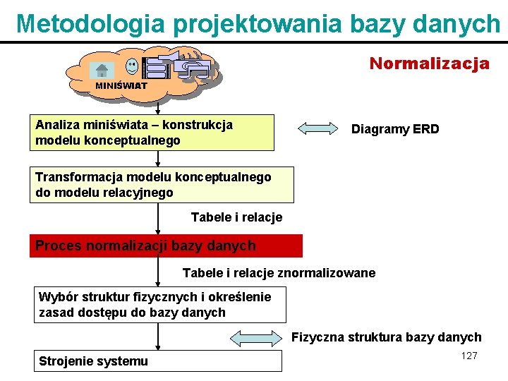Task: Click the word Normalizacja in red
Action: click(x=429, y=64)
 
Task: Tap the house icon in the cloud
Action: click(x=102, y=70)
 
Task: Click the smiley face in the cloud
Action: click(x=132, y=67)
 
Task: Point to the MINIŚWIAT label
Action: click(x=121, y=85)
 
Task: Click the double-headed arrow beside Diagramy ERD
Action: click(x=318, y=129)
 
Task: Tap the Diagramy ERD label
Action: click(x=395, y=129)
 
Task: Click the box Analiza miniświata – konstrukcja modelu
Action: click(x=152, y=133)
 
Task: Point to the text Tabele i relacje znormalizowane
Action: click(x=279, y=272)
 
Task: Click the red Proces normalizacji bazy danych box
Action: click(x=166, y=246)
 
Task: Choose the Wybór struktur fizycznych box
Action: click(x=161, y=304)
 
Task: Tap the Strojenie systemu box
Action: click(x=159, y=361)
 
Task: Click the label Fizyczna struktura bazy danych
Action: click(x=387, y=337)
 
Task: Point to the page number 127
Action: click(x=469, y=356)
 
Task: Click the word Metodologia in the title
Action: click(x=90, y=23)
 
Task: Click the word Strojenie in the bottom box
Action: click(x=66, y=361)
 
